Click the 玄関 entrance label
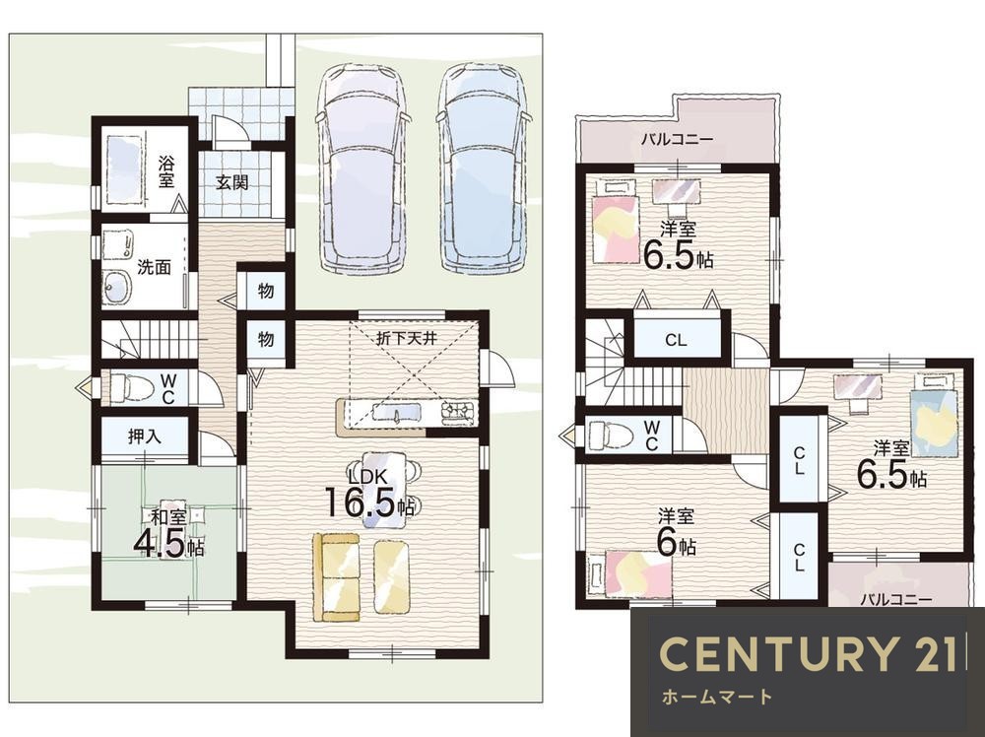pos(231,183)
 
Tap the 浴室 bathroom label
pos(165,172)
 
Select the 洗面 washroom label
pos(154,267)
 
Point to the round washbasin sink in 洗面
pos(117,288)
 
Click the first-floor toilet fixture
pos(131,387)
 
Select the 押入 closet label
pos(145,436)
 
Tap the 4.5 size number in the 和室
pos(160,545)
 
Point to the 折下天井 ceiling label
pos(406,338)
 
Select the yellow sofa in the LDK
pos(337,578)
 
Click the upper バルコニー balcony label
pos(677,139)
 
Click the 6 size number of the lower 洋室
pos(666,544)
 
